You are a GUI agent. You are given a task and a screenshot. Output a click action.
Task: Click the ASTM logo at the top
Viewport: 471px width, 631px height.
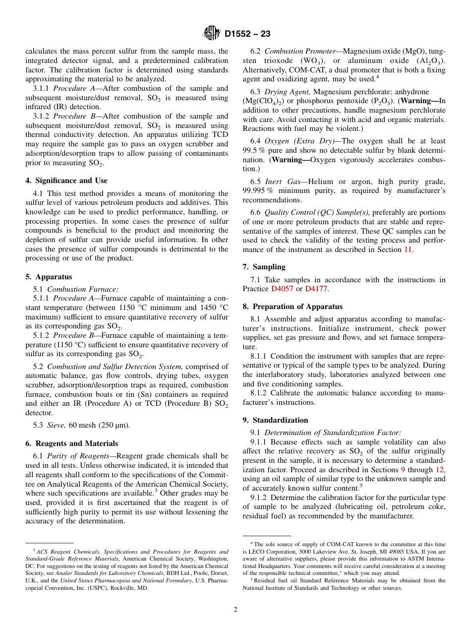click(x=212, y=34)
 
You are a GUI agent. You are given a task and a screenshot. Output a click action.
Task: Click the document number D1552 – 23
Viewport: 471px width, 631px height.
click(x=247, y=34)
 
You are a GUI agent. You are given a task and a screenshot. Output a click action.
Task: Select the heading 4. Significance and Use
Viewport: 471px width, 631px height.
click(x=66, y=181)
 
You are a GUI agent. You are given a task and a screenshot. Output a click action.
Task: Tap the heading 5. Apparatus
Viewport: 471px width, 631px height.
click(x=49, y=277)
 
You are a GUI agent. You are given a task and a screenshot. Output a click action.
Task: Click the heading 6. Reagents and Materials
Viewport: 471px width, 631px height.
click(x=72, y=443)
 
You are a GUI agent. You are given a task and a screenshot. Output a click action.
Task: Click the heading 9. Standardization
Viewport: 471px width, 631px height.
click(x=275, y=420)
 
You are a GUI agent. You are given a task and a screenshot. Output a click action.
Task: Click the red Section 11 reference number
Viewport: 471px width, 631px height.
click(x=408, y=250)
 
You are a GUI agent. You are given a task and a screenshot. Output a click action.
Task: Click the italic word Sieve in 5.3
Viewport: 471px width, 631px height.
click(x=56, y=425)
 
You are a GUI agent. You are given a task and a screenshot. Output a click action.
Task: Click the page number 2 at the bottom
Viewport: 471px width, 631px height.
click(x=235, y=610)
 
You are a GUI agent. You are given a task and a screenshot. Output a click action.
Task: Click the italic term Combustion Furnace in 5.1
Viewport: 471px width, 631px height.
click(x=82, y=289)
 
